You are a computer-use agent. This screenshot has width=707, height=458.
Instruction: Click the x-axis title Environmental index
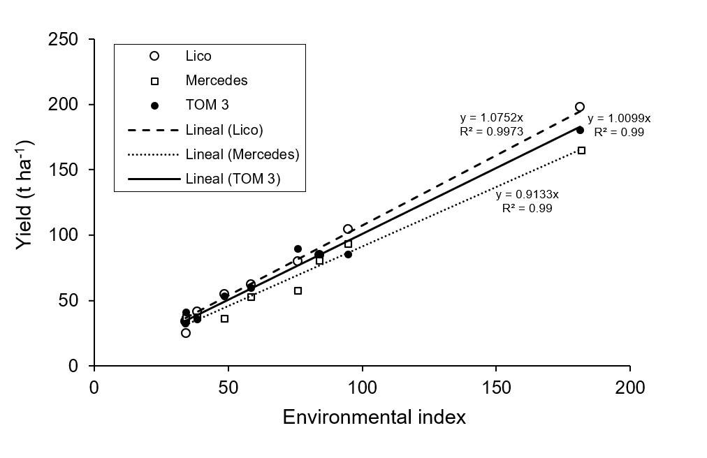374,418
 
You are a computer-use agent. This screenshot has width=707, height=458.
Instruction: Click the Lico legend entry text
198,56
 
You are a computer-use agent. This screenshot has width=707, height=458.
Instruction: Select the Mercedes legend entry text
217,80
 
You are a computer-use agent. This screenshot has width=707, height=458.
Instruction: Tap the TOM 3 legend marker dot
155,105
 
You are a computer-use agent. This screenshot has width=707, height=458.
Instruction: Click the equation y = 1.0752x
491,118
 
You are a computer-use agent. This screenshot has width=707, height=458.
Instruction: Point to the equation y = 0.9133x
527,195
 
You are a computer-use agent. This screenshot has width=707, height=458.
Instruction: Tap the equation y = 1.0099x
619,119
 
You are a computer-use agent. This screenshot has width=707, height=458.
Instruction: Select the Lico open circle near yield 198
580,107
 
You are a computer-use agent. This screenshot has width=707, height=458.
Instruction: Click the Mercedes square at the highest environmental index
581,150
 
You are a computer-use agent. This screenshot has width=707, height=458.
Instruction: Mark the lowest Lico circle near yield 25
186,333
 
